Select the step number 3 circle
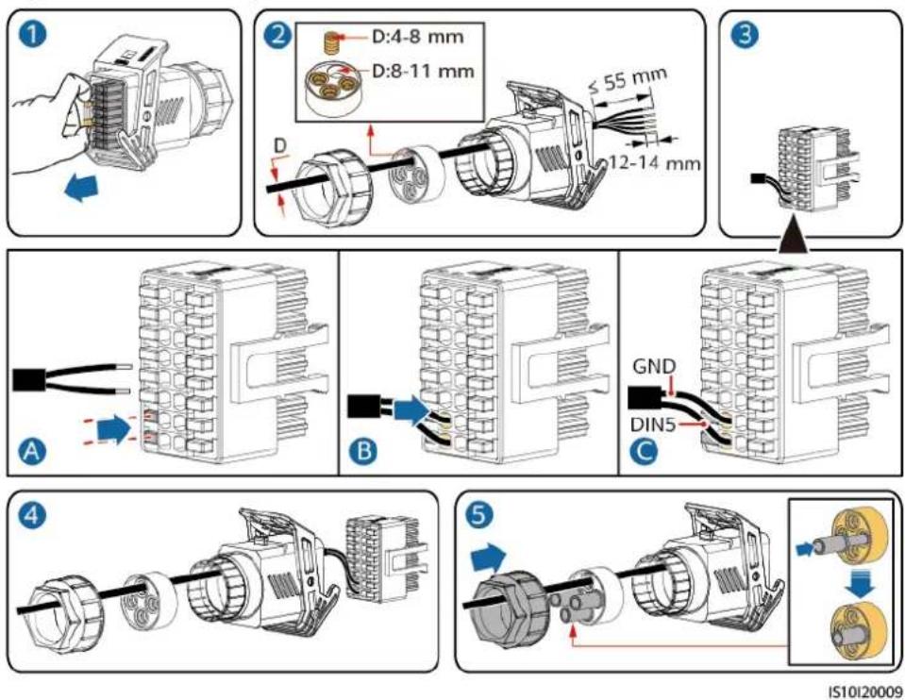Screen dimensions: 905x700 point(746,35)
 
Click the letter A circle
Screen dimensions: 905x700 point(32,450)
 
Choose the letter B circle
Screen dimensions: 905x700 point(364,450)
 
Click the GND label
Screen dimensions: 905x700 point(653,366)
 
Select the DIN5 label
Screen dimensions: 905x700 point(653,425)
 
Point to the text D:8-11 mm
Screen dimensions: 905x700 point(423,71)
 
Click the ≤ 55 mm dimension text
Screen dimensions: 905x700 point(627,80)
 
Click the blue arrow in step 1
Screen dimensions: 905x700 point(81,190)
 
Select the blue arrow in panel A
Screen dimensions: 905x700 point(115,430)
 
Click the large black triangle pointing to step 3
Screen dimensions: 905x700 point(793,236)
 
